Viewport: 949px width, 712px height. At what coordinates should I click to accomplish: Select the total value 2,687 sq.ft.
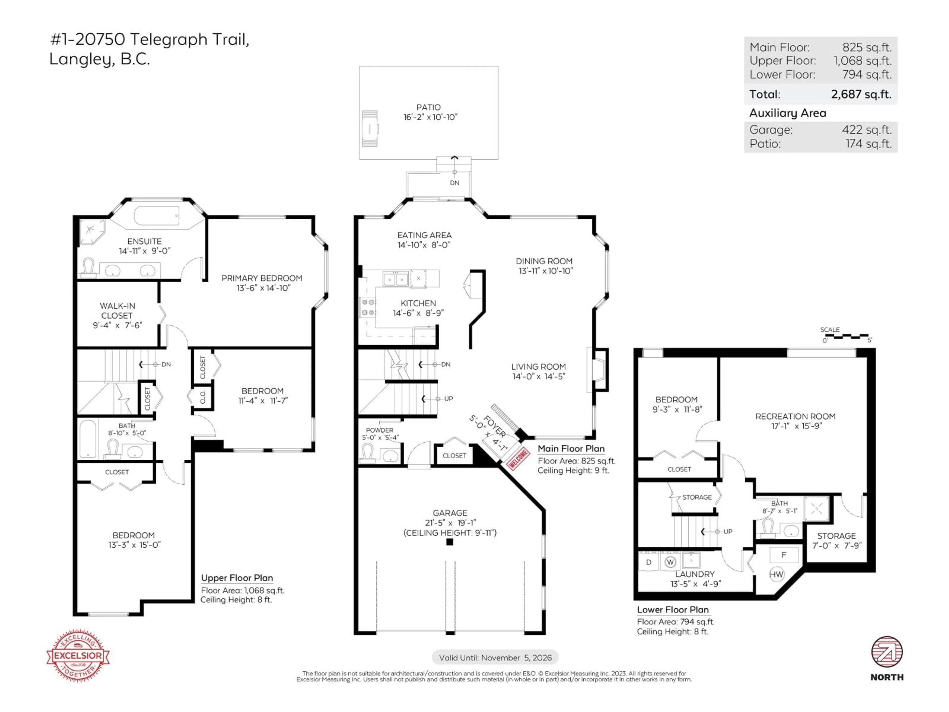(x=861, y=94)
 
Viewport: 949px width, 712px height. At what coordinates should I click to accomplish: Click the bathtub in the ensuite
(x=157, y=215)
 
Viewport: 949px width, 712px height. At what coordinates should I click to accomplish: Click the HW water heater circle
(x=776, y=575)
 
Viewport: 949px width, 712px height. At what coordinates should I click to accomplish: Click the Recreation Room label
(x=795, y=416)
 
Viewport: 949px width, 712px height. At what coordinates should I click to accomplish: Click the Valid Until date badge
(x=495, y=658)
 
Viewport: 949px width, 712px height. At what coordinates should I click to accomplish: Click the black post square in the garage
(x=450, y=542)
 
